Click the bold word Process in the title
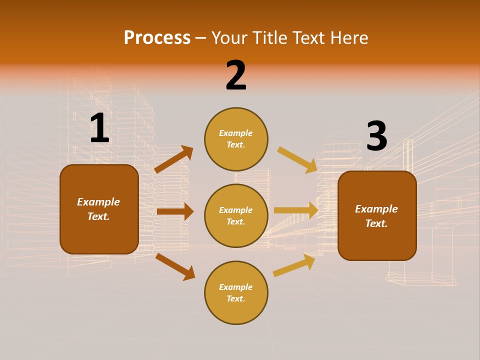pyautogui.click(x=157, y=38)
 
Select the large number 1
pyautogui.click(x=99, y=128)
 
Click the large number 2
pyautogui.click(x=236, y=76)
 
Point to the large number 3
pyautogui.click(x=376, y=136)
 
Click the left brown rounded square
pyautogui.click(x=99, y=235)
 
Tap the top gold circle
pyautogui.click(x=236, y=120)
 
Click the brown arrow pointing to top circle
pyautogui.click(x=174, y=159)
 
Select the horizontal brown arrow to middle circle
pyautogui.click(x=175, y=211)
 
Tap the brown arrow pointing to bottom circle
pyautogui.click(x=175, y=266)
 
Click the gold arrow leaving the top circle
pyautogui.click(x=297, y=160)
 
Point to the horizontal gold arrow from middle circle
pyautogui.click(x=296, y=210)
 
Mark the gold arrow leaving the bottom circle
pyautogui.click(x=294, y=265)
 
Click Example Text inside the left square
pyautogui.click(x=98, y=209)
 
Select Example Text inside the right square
pyautogui.click(x=376, y=216)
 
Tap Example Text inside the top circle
pyautogui.click(x=236, y=139)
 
